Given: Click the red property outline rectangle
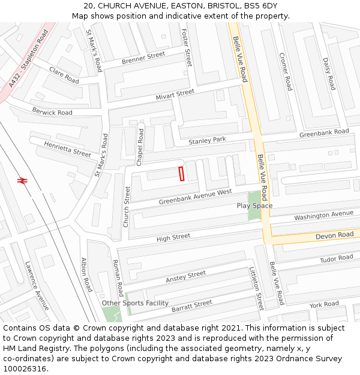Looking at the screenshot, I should click(181, 173).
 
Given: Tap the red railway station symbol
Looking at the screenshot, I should click(23, 180).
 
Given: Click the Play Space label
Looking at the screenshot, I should click(254, 206).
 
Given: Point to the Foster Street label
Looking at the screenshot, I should click(187, 47).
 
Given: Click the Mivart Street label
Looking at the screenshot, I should click(175, 94).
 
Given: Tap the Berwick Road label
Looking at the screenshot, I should click(52, 112).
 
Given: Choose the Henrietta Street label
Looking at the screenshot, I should click(67, 149).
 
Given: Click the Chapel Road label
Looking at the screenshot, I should click(140, 147).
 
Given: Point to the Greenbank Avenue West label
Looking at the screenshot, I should click(195, 197).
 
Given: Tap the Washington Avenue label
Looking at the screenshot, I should click(324, 215).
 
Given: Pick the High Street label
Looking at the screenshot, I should click(173, 238).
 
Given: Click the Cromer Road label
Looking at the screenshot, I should click(285, 71).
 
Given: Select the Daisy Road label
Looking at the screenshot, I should click(329, 74).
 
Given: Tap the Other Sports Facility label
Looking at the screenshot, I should click(135, 303).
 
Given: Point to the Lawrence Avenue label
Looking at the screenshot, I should click(37, 285).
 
